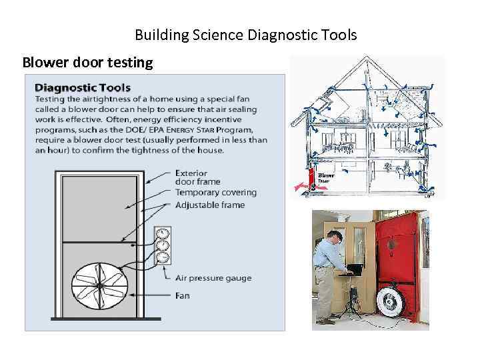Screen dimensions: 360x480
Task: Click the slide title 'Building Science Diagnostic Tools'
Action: click(x=245, y=35)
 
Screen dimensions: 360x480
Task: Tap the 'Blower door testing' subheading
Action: click(x=87, y=63)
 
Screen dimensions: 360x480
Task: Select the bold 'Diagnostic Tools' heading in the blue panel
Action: click(x=83, y=87)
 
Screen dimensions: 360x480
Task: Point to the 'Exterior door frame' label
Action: click(x=197, y=177)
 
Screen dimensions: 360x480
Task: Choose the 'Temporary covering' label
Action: click(x=215, y=193)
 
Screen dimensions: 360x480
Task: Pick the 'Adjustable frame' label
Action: click(x=209, y=205)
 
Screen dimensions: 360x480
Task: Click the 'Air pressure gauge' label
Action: click(x=213, y=278)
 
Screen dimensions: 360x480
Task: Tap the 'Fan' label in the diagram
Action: click(x=182, y=295)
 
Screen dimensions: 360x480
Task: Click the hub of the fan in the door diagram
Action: click(x=99, y=285)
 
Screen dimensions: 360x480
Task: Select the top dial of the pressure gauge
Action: click(x=161, y=234)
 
